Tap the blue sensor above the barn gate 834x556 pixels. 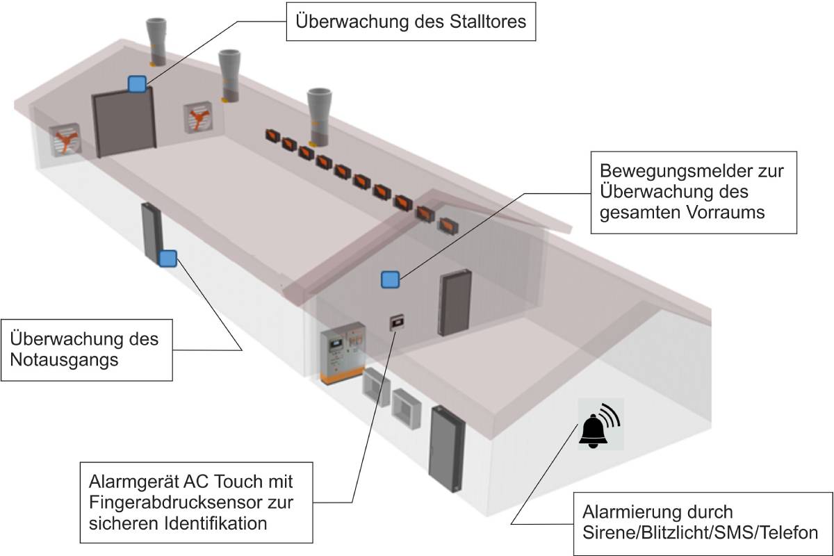pos(137,84)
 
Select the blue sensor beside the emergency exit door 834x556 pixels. pos(167,259)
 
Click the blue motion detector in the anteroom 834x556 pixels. pos(390,279)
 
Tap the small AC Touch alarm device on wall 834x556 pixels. pos(397,321)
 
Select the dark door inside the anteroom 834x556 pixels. pos(454,304)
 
